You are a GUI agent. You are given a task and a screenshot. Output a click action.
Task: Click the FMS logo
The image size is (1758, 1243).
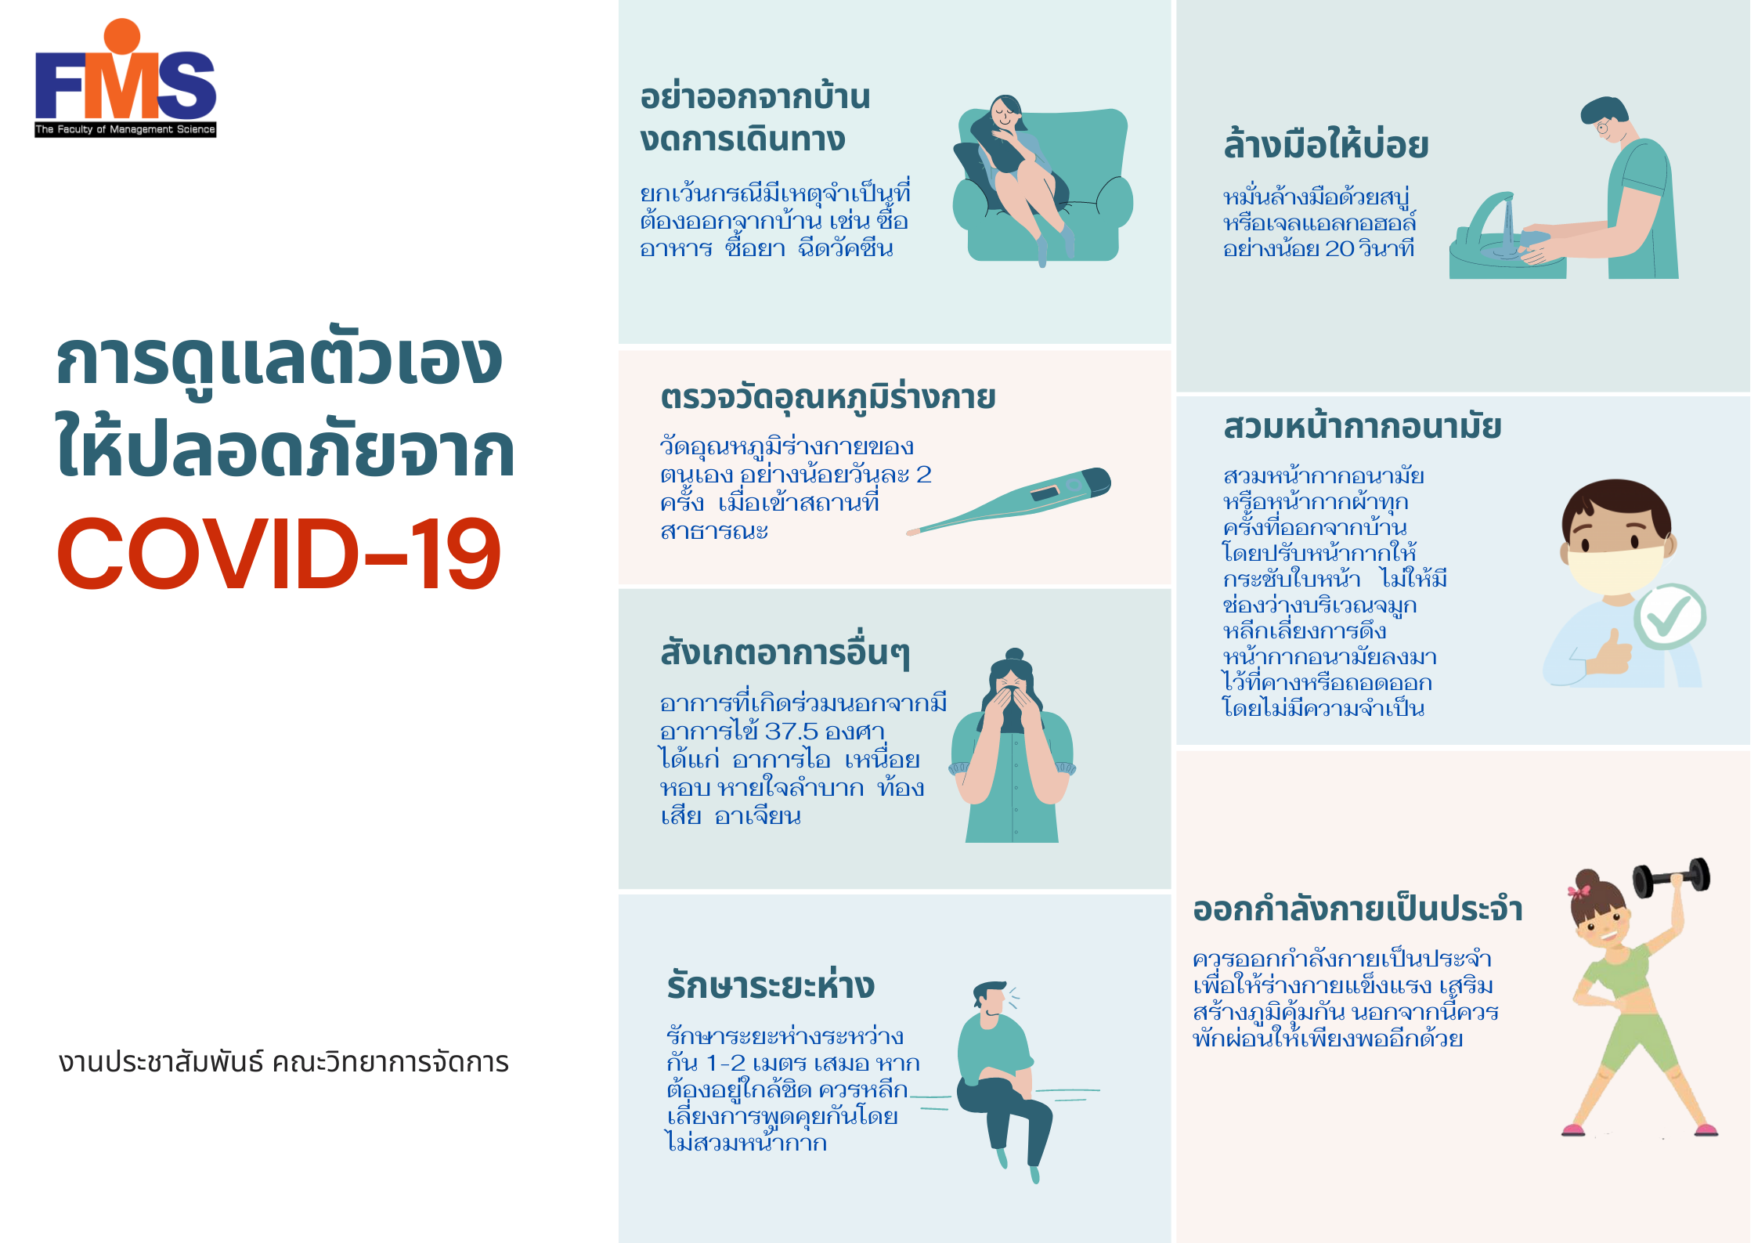click(x=125, y=78)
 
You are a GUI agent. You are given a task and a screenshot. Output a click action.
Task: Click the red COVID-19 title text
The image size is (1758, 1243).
click(x=279, y=553)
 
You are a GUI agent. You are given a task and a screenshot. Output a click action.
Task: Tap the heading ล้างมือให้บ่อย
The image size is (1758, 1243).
click(x=1326, y=146)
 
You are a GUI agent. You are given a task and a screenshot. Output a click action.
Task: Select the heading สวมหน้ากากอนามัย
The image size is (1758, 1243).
click(x=1362, y=426)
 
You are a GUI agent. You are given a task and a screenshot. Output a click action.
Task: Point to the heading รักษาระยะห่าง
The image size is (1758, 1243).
click(x=771, y=985)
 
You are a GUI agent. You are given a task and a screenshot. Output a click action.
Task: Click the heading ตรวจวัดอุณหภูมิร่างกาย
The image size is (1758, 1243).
click(x=828, y=398)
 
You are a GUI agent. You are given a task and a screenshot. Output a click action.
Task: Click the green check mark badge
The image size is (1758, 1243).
click(x=1670, y=616)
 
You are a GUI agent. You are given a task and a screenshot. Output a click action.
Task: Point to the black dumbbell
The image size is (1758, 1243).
click(x=1671, y=877)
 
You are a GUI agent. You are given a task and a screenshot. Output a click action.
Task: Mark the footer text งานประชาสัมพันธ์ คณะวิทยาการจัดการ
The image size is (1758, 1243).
click(x=283, y=1062)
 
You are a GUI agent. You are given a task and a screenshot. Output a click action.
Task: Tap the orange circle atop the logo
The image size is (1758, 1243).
click(x=122, y=37)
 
